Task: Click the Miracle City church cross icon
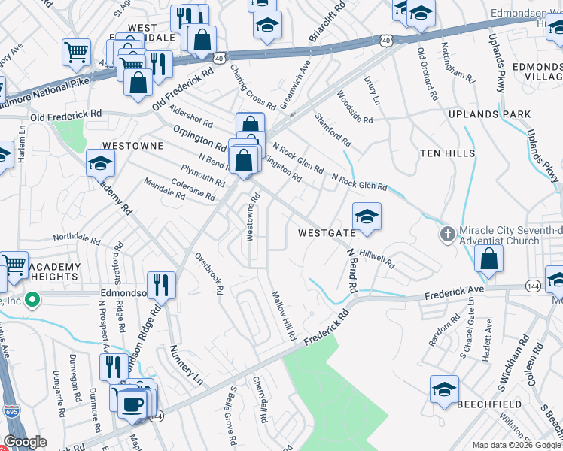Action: pos(447,235)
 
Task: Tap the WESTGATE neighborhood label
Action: pos(326,233)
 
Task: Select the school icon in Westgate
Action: pos(367,217)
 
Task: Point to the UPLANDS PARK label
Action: pos(489,114)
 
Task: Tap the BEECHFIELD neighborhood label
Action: pos(490,404)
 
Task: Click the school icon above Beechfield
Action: pos(444,390)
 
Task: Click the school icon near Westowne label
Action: pos(100,162)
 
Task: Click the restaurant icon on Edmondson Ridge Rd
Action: pos(161,285)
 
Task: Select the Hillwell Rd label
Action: pos(377,259)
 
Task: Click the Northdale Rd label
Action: pos(76,240)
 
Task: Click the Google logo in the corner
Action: pos(25,442)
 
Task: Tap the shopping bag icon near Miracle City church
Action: pos(489,258)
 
